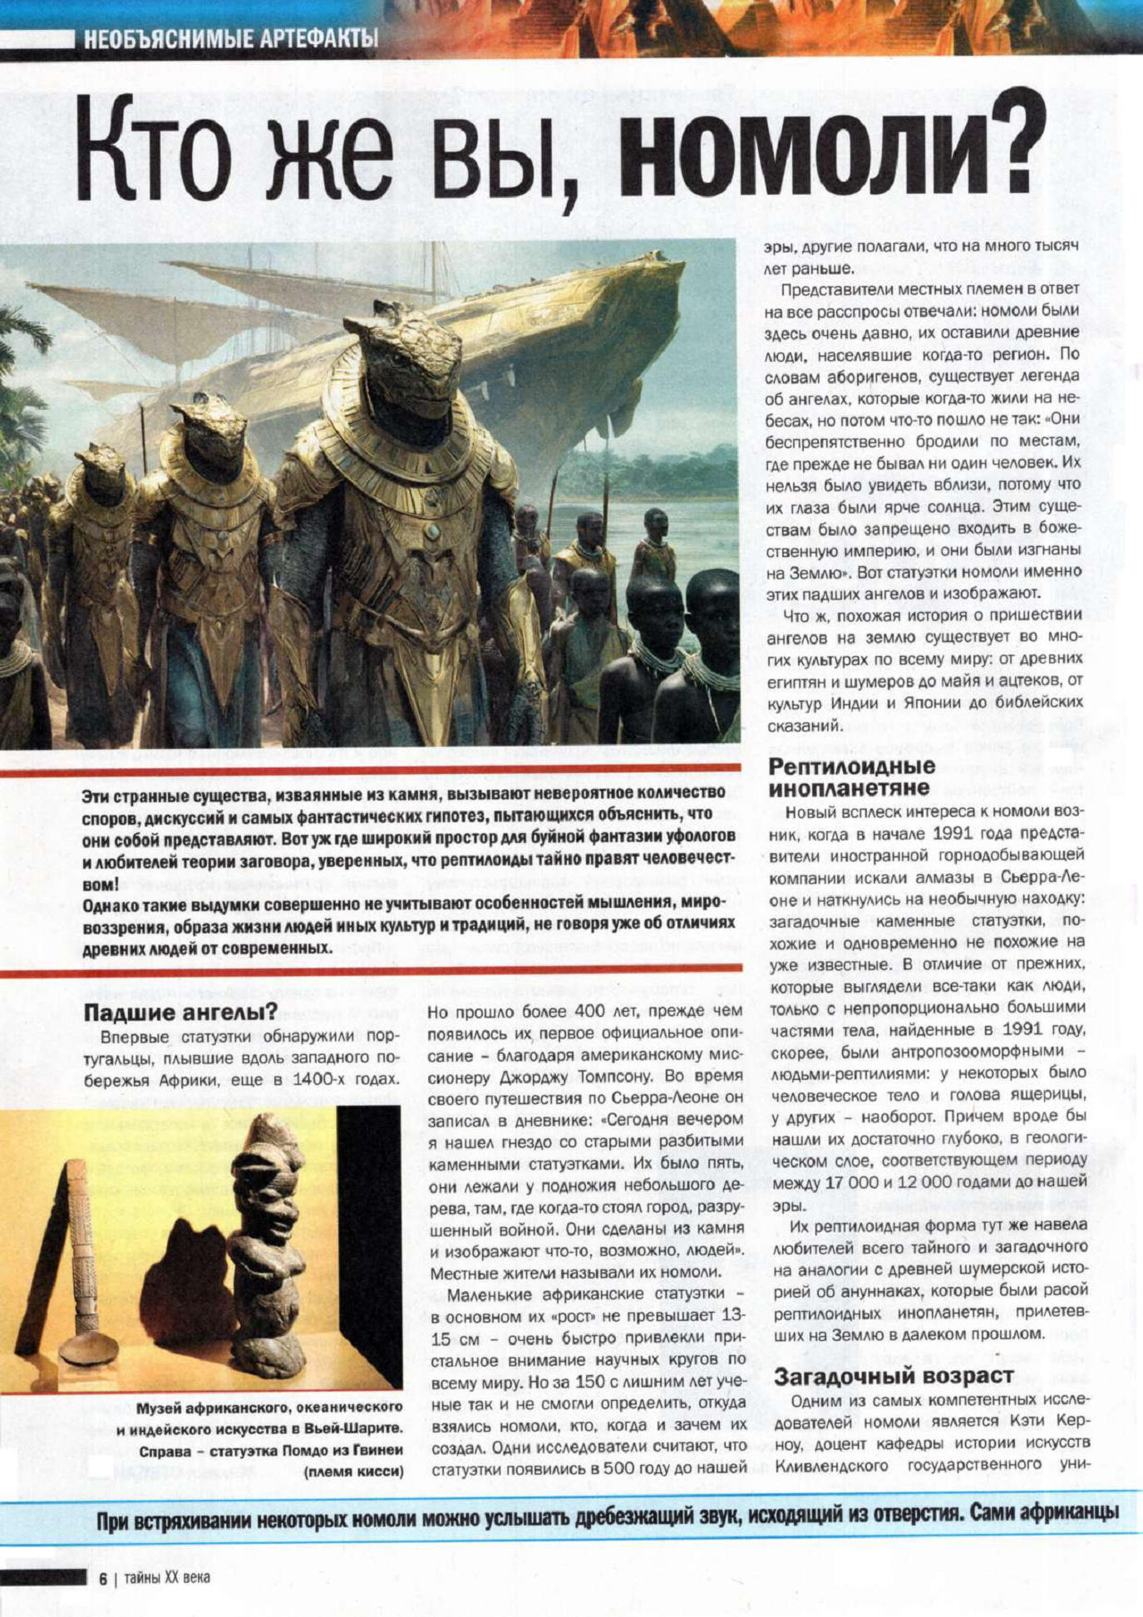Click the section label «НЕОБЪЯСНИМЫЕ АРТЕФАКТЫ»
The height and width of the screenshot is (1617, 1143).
230,38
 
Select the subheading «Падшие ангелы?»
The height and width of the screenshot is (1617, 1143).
180,1013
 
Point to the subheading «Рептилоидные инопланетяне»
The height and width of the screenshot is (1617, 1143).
851,776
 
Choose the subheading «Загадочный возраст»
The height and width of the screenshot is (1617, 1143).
894,1376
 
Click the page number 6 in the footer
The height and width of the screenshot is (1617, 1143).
103,1578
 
